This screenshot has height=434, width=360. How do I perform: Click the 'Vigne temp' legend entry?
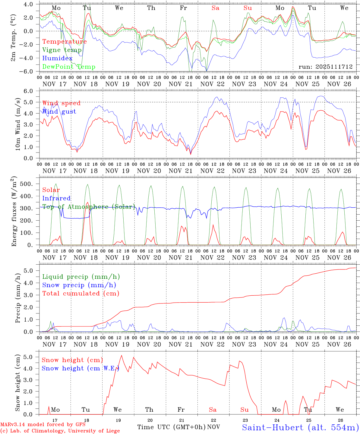62,50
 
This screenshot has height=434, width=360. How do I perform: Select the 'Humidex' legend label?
57,58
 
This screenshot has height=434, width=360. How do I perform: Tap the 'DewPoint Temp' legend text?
69,67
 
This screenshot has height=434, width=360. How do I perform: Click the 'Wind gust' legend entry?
59,112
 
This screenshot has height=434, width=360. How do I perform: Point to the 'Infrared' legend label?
56,198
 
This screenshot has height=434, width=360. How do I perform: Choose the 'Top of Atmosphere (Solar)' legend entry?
88,207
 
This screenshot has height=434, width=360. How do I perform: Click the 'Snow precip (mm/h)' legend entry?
79,285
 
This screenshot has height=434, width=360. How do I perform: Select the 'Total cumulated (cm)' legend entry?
81,293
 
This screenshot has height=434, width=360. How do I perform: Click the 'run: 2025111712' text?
326,67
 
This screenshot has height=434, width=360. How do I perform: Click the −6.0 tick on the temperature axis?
29,71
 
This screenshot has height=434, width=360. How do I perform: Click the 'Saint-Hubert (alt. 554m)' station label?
300,427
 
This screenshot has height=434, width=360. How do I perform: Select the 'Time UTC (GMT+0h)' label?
171,427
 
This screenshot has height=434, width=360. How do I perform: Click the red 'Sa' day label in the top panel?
215,8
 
